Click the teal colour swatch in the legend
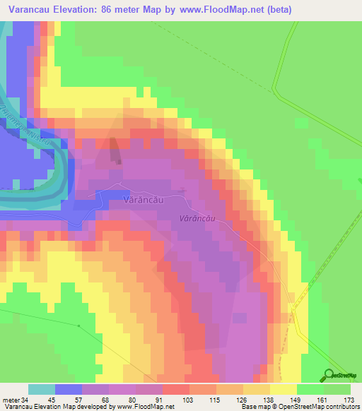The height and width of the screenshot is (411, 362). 42,389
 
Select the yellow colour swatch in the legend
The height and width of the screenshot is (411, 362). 284,389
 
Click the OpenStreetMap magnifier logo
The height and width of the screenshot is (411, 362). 330,374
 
